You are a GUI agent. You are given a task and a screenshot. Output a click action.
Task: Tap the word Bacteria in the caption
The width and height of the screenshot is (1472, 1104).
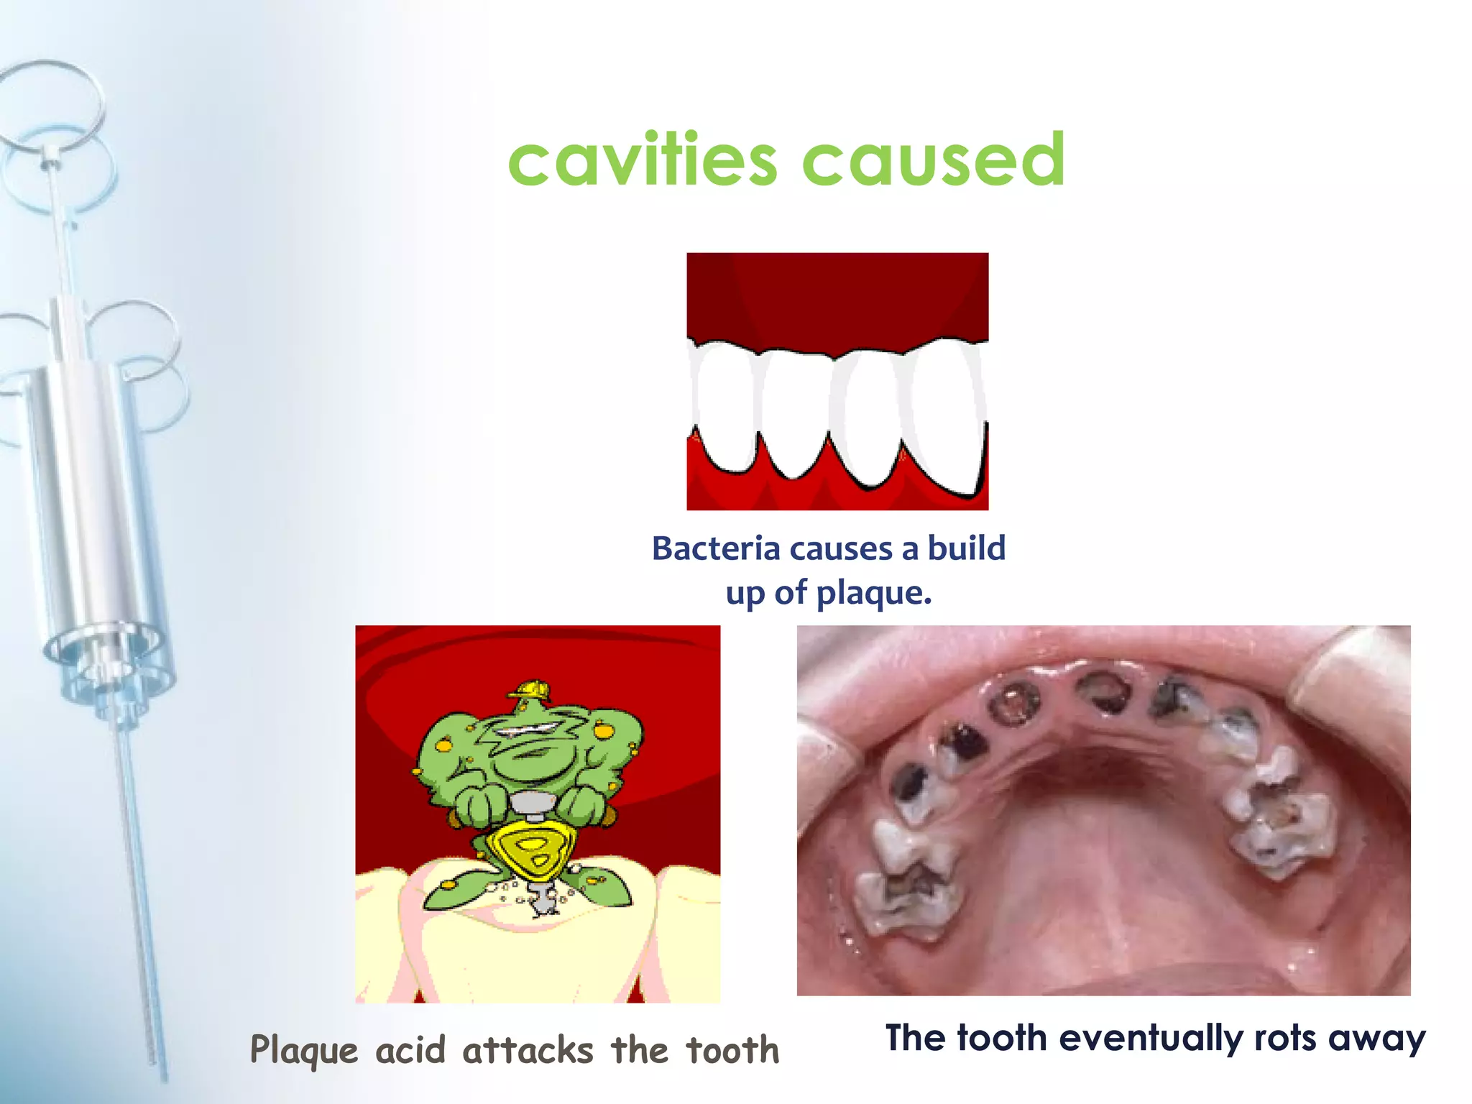[716, 549]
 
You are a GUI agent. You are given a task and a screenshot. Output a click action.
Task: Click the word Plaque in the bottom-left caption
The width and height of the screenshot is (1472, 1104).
[303, 1051]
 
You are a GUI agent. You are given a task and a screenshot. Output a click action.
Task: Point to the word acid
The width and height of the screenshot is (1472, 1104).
[410, 1051]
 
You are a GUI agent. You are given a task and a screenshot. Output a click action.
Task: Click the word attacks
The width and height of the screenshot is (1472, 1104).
[528, 1051]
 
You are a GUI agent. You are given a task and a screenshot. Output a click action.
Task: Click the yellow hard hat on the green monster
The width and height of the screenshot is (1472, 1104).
[530, 690]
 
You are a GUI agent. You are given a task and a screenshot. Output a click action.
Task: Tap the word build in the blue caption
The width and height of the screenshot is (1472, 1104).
[966, 549]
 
